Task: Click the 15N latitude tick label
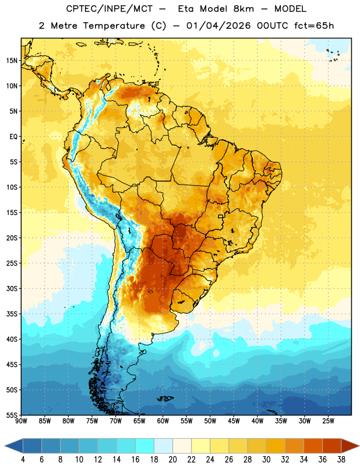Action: (12, 61)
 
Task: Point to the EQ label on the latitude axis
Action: (13, 137)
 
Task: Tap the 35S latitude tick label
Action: (12, 314)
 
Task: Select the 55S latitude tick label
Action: (12, 415)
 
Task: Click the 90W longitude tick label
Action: (21, 421)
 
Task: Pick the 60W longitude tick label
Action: (163, 421)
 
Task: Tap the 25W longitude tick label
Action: (328, 421)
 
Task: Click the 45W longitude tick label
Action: (234, 421)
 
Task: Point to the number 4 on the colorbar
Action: (23, 460)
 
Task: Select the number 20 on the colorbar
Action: (172, 460)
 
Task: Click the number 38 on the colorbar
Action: (341, 460)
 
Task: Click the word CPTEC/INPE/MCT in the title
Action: (110, 9)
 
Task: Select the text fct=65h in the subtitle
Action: (314, 26)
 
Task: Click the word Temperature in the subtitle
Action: (114, 26)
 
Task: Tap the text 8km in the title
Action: (243, 9)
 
